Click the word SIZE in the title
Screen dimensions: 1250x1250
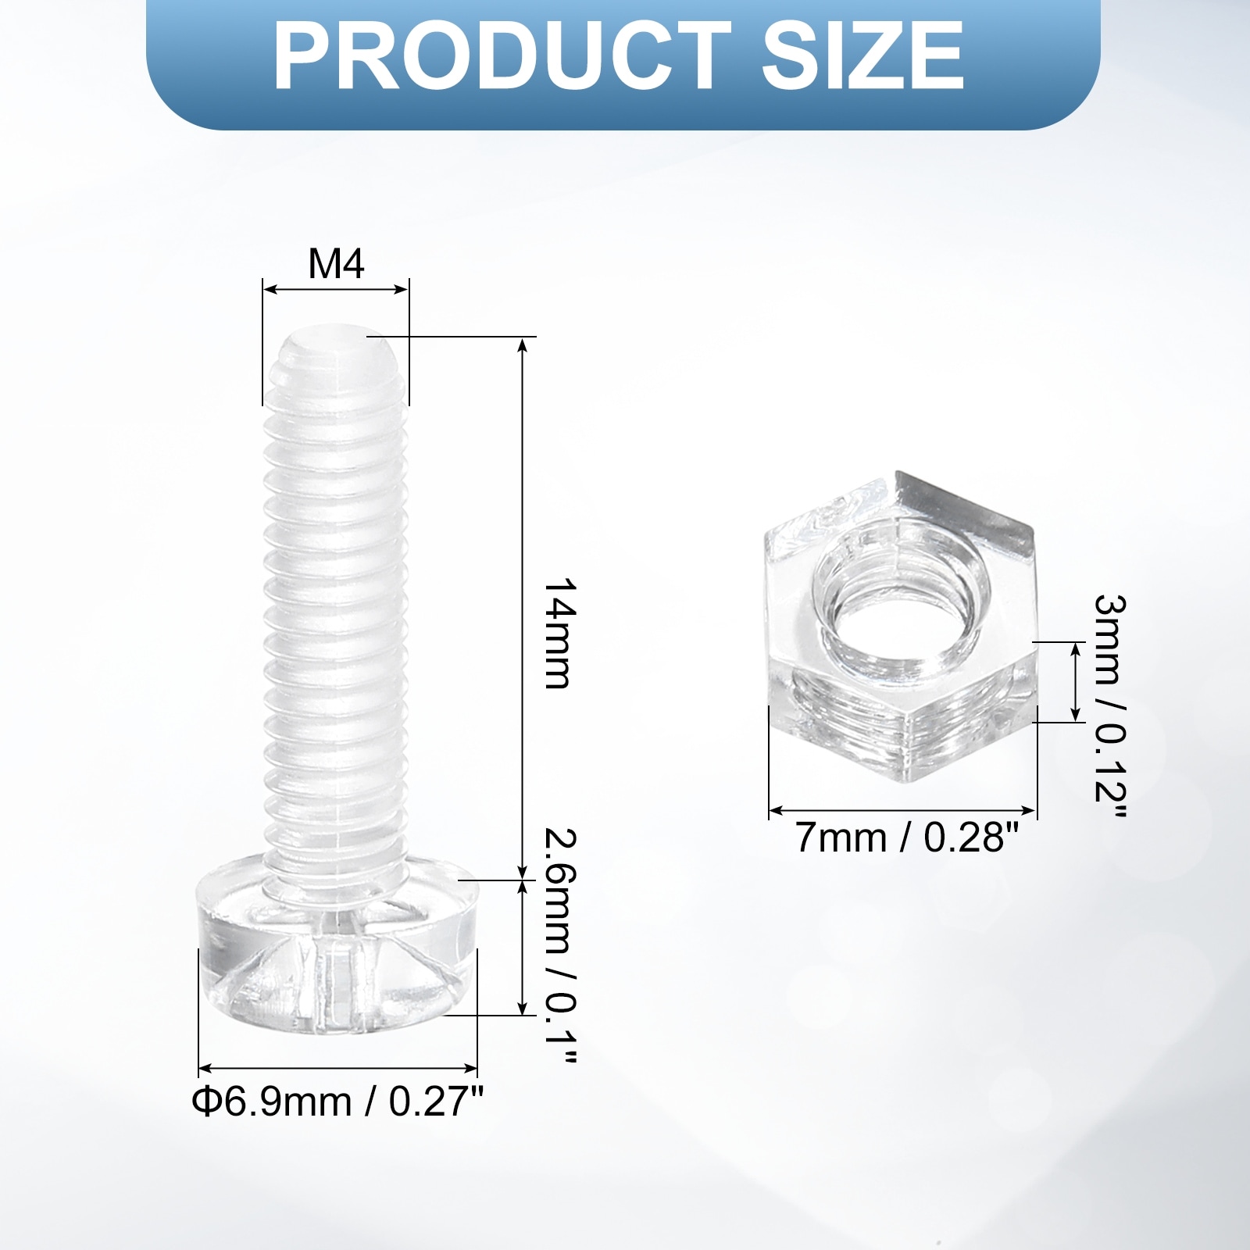point(862,56)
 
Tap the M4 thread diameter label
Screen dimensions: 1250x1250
point(336,264)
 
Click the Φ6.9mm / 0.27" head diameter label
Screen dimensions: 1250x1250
point(337,1102)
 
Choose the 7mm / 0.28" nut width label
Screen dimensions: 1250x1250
point(907,838)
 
